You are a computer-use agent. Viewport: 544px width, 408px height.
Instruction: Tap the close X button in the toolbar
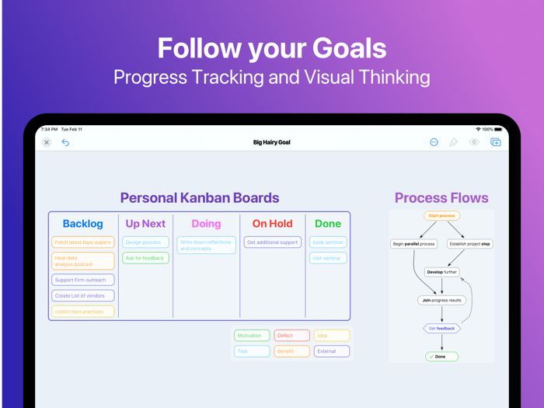pos(47,142)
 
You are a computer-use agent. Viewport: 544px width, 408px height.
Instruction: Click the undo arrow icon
pos(65,142)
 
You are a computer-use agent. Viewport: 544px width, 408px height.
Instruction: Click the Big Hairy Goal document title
pos(272,142)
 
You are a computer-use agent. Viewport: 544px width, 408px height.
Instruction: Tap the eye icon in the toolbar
pos(474,142)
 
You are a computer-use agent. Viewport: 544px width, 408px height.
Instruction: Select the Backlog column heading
pos(82,224)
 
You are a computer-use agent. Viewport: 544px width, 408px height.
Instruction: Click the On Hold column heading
pos(272,224)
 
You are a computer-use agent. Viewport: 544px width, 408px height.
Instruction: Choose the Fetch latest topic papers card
pos(83,242)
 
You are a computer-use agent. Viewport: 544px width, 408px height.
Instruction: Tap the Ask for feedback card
pos(145,258)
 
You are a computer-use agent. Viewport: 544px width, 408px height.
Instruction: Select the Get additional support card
pos(272,242)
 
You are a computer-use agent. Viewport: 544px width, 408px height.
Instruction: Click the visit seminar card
pos(328,258)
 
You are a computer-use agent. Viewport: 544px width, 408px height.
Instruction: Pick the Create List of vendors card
pos(83,295)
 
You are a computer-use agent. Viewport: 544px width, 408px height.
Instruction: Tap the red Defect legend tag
pos(291,336)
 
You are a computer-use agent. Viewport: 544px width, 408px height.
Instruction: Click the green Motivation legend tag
pos(252,336)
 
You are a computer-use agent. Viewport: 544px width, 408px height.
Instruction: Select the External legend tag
pos(331,351)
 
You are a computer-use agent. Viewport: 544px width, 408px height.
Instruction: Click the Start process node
pos(441,216)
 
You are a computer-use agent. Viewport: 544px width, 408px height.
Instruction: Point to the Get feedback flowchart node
pos(441,328)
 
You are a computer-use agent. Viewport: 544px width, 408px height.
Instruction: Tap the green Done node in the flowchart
pos(441,357)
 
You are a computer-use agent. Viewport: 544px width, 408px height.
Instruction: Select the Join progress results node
pos(441,300)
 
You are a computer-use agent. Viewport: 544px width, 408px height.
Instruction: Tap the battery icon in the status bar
pos(498,129)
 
